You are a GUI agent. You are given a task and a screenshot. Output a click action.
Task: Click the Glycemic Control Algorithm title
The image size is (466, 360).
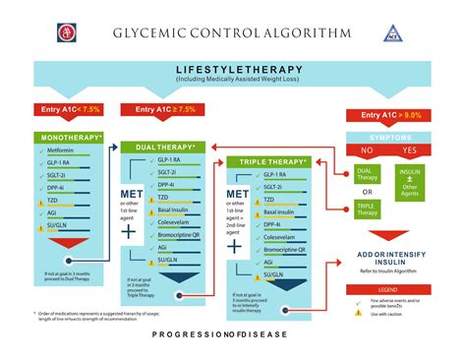(x=233, y=32)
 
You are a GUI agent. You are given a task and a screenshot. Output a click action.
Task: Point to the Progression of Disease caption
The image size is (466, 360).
(x=233, y=335)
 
